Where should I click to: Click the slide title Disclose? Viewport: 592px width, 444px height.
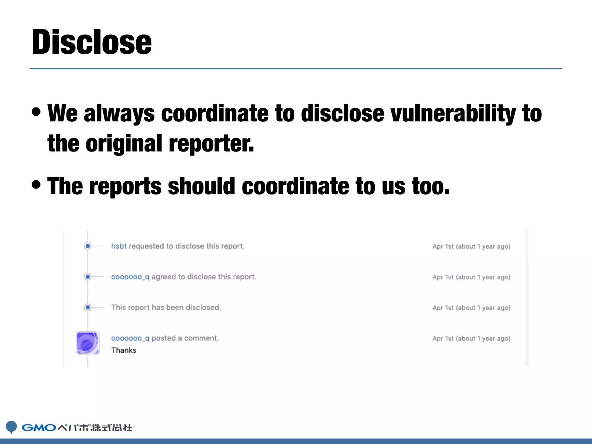(x=92, y=42)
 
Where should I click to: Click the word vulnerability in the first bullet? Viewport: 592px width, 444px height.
(x=453, y=114)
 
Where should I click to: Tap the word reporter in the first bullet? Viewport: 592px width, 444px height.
(x=211, y=144)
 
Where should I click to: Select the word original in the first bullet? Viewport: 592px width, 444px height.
(x=124, y=144)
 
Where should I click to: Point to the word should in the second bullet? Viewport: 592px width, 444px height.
(x=201, y=186)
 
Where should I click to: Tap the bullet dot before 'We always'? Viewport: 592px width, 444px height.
(x=36, y=112)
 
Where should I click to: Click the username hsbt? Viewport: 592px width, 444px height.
(x=119, y=246)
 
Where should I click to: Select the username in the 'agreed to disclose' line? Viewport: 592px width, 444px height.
(x=130, y=277)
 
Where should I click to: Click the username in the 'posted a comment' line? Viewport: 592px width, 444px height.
(x=130, y=338)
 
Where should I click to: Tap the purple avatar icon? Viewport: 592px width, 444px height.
(x=88, y=343)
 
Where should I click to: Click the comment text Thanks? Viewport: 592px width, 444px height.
(x=124, y=350)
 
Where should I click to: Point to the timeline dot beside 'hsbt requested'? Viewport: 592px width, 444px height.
(x=88, y=246)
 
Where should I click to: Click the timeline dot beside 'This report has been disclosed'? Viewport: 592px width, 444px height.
(x=88, y=307)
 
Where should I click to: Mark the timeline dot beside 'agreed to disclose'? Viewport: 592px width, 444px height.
(x=88, y=277)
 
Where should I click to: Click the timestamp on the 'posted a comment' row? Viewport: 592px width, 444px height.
(x=471, y=338)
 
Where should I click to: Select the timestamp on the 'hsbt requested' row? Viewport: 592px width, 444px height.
(x=471, y=247)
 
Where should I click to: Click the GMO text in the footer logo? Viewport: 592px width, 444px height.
(x=39, y=428)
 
